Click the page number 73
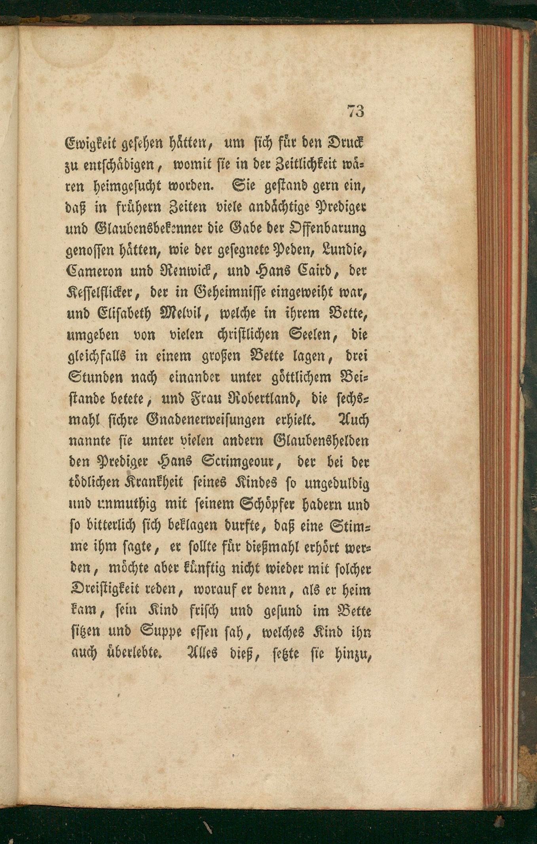355,111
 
